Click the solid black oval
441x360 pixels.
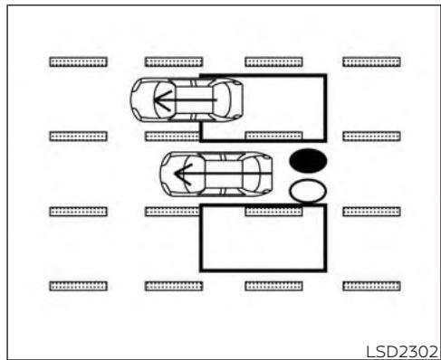tap(308, 161)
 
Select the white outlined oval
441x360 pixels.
tap(308, 191)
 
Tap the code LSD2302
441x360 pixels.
tap(402, 352)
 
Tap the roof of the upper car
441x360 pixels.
tap(194, 100)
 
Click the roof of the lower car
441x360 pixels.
tap(224, 174)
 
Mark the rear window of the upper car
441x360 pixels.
tap(222, 100)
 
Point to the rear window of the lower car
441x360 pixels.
tap(252, 174)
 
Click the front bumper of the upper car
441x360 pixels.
tap(133, 100)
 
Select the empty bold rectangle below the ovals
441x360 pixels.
tap(263, 238)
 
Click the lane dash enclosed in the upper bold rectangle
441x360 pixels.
tap(273, 136)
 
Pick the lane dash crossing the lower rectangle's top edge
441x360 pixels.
tap(273, 211)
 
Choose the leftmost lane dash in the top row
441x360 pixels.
tap(79, 62)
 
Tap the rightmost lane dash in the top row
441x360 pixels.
tap(371, 62)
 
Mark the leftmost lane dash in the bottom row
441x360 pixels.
tap(79, 286)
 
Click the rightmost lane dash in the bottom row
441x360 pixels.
tap(371, 286)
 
